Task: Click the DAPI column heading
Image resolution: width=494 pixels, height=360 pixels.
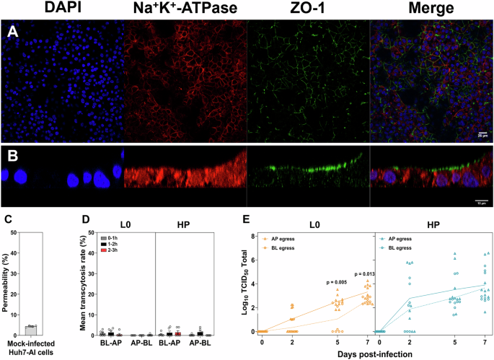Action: click(61, 9)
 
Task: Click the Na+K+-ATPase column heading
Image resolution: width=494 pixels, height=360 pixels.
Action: click(185, 9)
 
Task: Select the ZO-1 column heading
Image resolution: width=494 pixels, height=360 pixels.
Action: click(307, 9)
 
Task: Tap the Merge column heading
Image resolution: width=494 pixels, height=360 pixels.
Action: click(431, 9)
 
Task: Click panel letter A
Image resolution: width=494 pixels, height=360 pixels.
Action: click(11, 32)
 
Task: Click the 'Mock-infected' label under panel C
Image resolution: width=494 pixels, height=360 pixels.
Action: click(30, 344)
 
